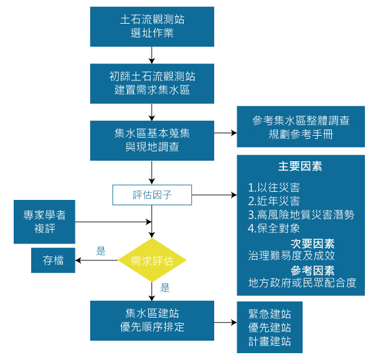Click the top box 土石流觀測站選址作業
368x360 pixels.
tap(152, 26)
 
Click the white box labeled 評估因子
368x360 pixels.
tap(152, 195)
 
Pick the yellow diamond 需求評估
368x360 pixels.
tap(153, 260)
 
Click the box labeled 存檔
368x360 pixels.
tap(53, 260)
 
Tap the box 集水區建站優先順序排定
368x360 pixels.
tap(152, 320)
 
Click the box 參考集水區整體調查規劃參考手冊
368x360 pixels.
tap(300, 127)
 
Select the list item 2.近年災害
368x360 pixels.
tap(273, 201)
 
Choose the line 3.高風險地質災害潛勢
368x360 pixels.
tap(300, 215)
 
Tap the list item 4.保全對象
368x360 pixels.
tap(273, 228)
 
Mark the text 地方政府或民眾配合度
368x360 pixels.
tap(302, 283)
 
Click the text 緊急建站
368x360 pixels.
tap(270, 314)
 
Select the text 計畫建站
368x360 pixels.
tap(270, 341)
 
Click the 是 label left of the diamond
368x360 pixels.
tap(101, 251)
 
